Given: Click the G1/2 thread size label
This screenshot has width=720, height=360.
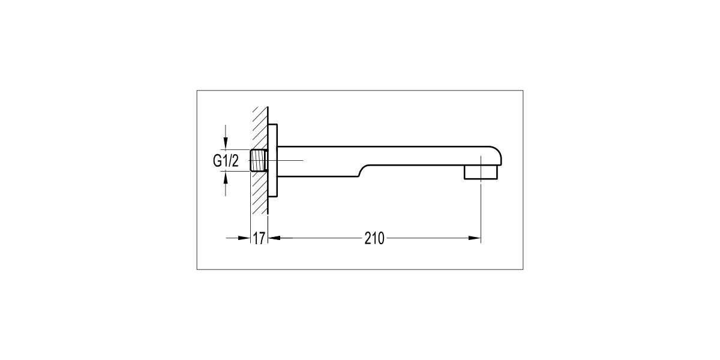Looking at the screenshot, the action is pos(226,160).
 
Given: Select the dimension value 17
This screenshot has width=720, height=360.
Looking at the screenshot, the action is pos(259,239).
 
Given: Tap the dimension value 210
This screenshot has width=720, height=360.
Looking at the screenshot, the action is pos(374,239).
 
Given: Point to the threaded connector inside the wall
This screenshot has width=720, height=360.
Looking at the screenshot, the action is pos(259,160).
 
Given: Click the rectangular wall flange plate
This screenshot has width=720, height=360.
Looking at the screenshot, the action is pos(272,160).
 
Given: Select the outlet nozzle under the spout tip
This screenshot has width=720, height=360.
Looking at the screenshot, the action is pos(481,172).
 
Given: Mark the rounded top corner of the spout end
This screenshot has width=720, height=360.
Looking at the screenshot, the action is pos(497,152).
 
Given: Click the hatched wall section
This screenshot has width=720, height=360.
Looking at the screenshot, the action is pos(260,160).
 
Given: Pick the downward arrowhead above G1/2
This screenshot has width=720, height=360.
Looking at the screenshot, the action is pos(226,142).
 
